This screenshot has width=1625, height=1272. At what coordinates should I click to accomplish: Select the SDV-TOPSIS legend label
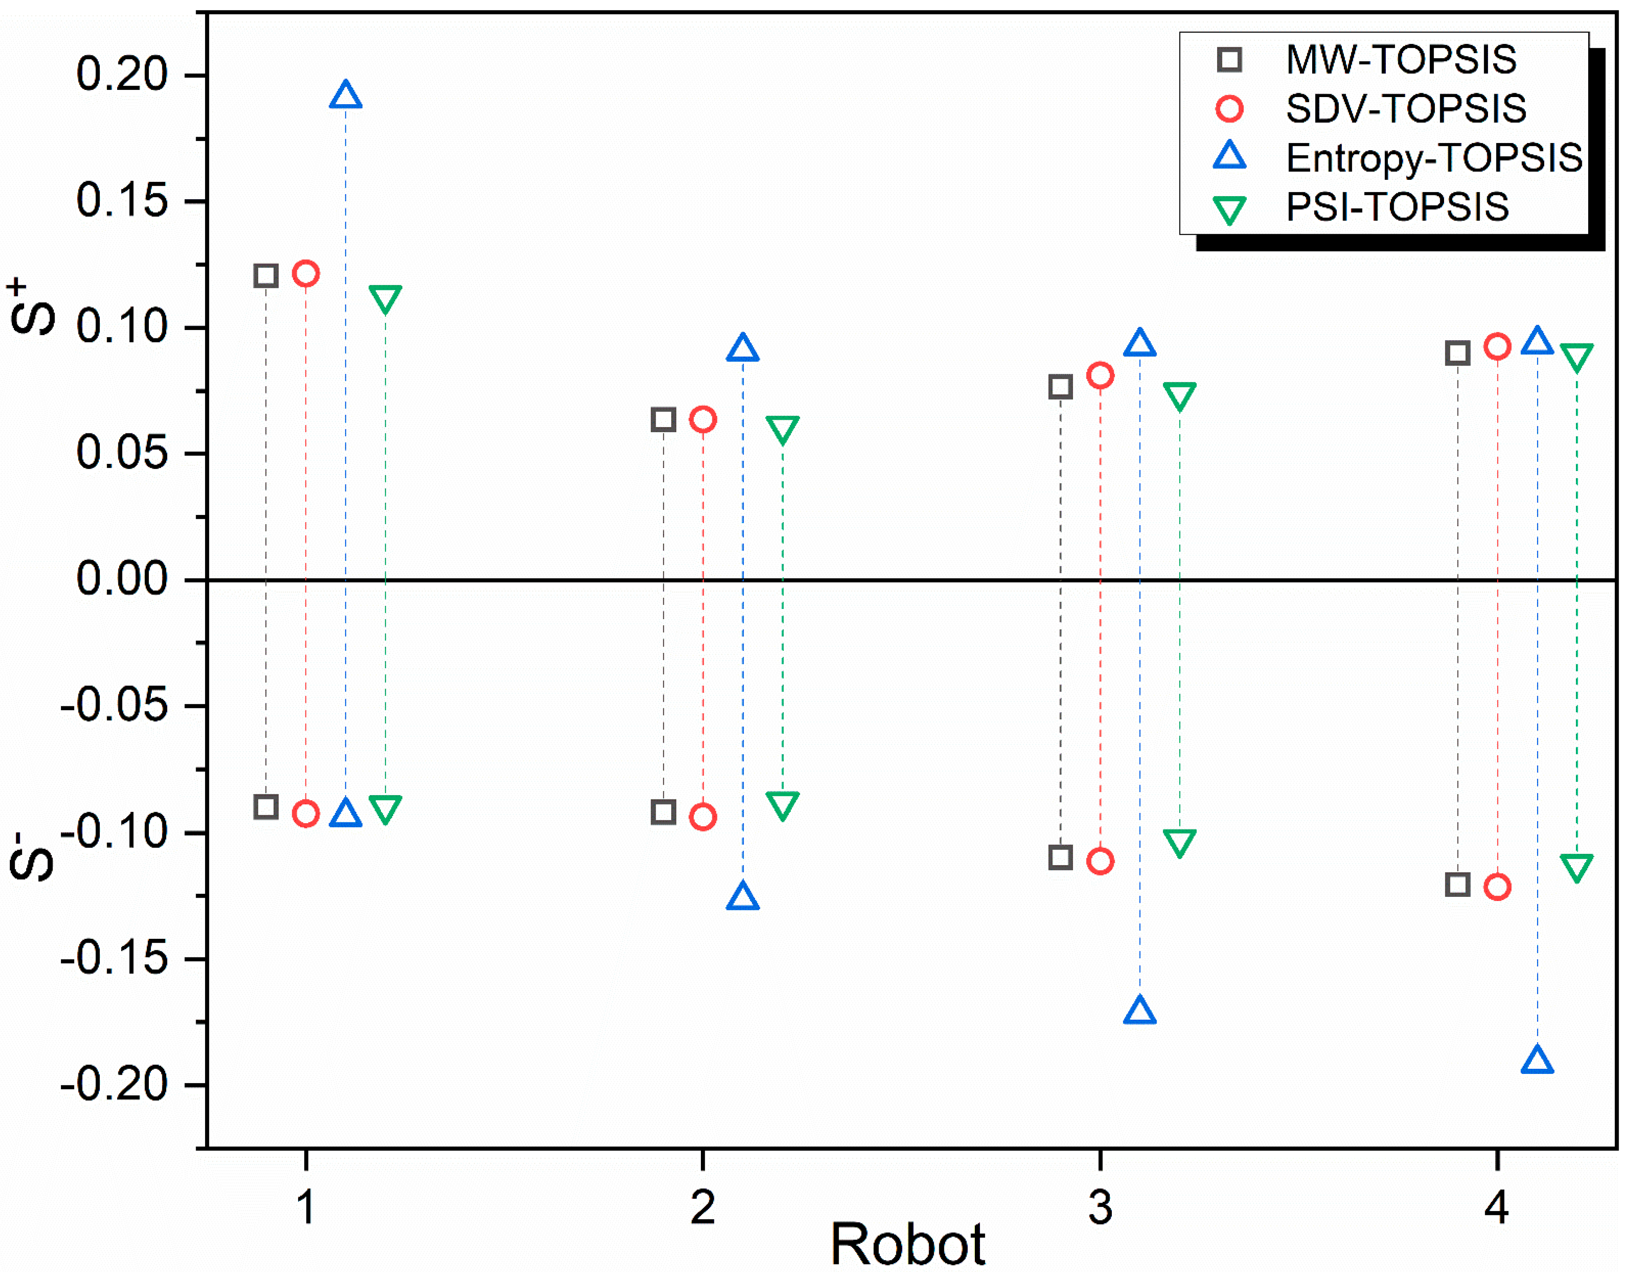[1405, 109]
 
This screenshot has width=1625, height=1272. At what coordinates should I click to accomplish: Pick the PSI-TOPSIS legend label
[1397, 207]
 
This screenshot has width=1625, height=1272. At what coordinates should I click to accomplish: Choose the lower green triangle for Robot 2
[782, 804]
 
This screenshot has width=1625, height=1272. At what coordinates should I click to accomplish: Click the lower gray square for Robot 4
[1458, 885]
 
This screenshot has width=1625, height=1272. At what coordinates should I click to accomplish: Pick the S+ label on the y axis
[31, 307]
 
